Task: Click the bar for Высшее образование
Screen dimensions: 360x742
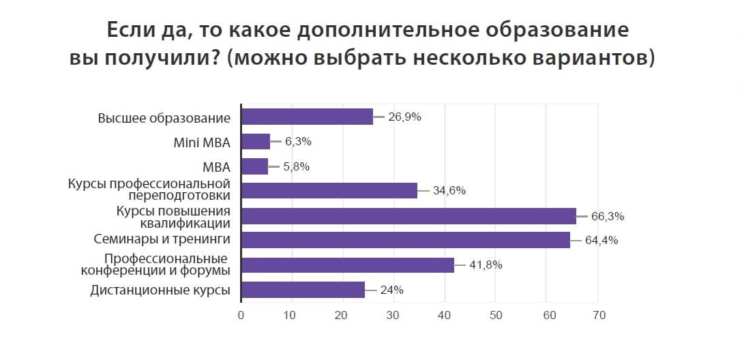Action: click(x=308, y=117)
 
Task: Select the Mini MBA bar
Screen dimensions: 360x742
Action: click(x=256, y=142)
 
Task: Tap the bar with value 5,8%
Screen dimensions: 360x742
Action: click(x=255, y=166)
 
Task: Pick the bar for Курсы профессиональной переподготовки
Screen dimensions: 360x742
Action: click(x=329, y=191)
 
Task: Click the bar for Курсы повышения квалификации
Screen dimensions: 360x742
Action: click(x=409, y=216)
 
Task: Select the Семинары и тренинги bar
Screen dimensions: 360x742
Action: click(x=406, y=240)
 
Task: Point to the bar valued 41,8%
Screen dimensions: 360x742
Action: click(x=348, y=265)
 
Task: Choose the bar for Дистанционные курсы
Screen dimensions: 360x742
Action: click(x=303, y=290)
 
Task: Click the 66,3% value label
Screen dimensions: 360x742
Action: click(x=608, y=217)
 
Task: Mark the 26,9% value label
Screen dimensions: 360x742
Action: click(x=404, y=117)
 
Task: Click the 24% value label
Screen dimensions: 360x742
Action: click(x=393, y=290)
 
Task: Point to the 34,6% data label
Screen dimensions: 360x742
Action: click(x=449, y=191)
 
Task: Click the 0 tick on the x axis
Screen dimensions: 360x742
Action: click(x=241, y=316)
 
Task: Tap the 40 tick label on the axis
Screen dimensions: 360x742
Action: click(x=445, y=316)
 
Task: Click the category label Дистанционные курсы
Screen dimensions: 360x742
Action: click(x=160, y=290)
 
